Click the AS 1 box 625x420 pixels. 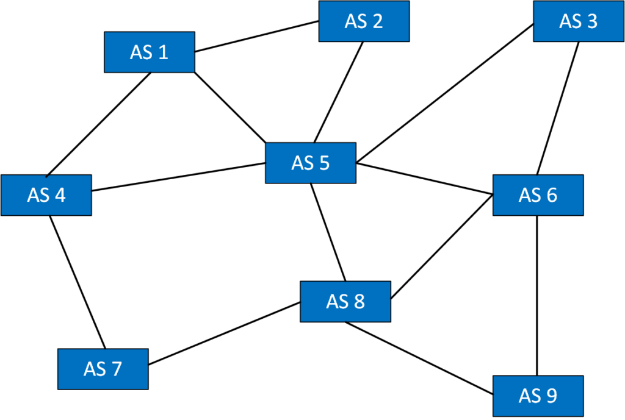150,52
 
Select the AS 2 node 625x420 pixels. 364,21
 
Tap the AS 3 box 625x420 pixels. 579,21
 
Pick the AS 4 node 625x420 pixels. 46,195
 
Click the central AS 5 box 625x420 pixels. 311,163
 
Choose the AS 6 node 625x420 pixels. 538,195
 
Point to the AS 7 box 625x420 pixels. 103,369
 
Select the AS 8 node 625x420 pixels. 345,301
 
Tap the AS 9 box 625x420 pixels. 538,396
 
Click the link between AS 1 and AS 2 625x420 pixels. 256,37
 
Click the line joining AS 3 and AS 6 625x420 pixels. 557,109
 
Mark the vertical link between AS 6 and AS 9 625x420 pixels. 537,296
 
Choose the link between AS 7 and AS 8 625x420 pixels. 224,334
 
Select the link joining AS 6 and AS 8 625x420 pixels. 442,247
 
